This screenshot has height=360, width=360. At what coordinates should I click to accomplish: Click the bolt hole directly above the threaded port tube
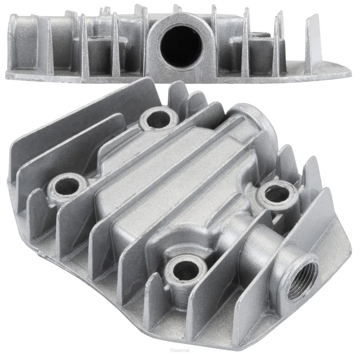[277, 194]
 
